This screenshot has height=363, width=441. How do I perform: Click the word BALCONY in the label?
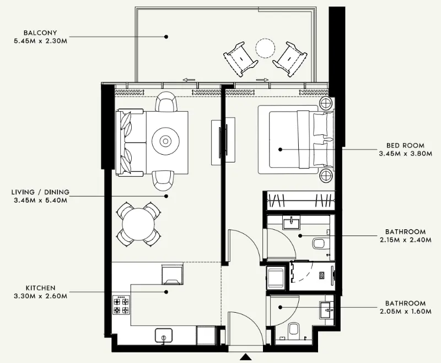click(x=38, y=31)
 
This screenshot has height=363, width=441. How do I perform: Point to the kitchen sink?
click(x=163, y=335)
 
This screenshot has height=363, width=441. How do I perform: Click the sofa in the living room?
click(x=131, y=143)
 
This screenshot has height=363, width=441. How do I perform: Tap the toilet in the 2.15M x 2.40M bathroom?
click(x=320, y=243)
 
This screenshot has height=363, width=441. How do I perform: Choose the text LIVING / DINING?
click(x=40, y=192)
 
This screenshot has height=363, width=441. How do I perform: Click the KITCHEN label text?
click(x=40, y=288)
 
